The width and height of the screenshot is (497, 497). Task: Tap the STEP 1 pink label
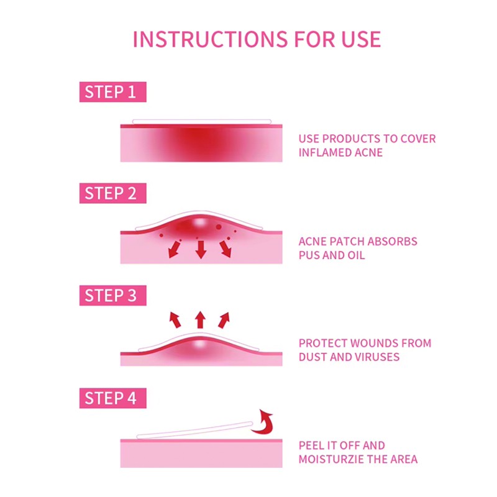pos(113,92)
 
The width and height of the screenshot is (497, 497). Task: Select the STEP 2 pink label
pos(113,193)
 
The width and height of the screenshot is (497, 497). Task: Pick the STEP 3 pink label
pos(113,296)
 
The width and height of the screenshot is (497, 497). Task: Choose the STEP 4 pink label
pos(113,398)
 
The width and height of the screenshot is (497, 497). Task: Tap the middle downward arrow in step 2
pos(201,250)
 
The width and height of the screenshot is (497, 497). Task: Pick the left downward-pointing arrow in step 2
pos(175,249)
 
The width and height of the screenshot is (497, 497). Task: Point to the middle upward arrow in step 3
pos(200,319)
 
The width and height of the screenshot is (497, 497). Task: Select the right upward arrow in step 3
pos(224,320)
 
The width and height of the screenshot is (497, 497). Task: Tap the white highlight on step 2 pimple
pos(199,222)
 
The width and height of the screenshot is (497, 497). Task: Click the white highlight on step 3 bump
pos(199,344)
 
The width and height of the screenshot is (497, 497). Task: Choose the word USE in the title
pos(361,40)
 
